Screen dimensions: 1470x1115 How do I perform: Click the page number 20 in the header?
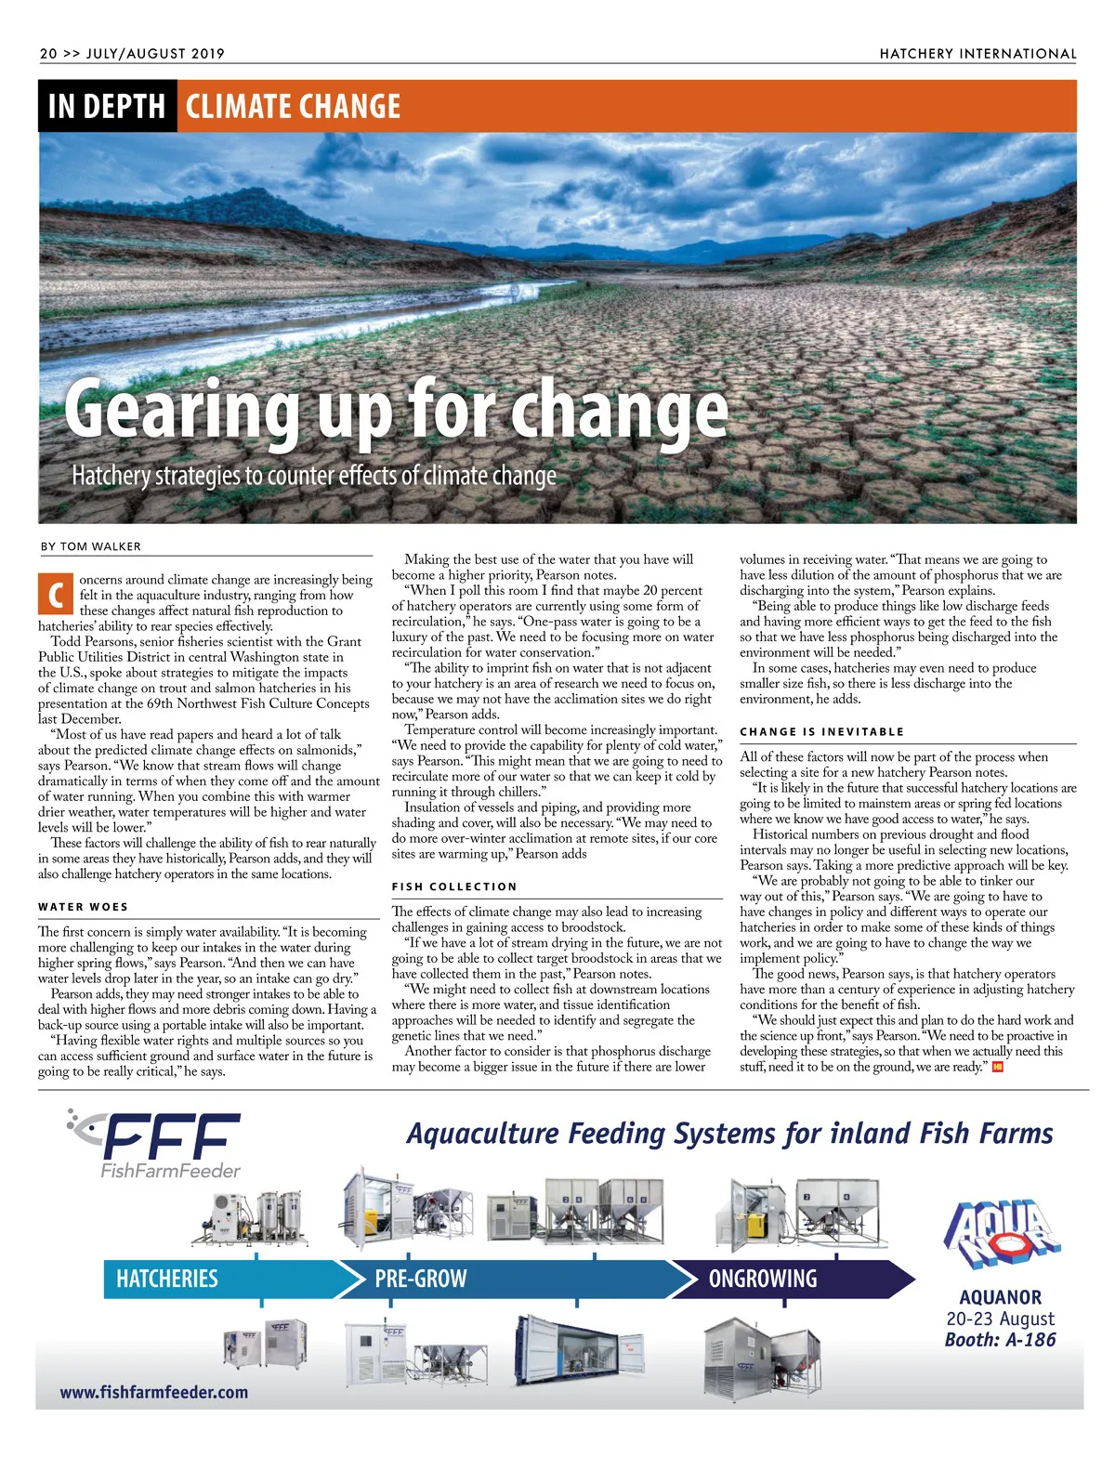click(48, 54)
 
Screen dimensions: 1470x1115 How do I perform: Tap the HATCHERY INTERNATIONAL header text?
click(977, 54)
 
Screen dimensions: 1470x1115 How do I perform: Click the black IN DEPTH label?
click(107, 107)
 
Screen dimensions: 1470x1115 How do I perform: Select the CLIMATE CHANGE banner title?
click(293, 107)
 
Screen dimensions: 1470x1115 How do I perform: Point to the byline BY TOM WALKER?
click(91, 546)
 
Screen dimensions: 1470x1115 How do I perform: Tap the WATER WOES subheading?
click(84, 907)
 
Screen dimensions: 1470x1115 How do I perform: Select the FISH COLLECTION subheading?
click(454, 886)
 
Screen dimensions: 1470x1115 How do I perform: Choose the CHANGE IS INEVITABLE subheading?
click(821, 731)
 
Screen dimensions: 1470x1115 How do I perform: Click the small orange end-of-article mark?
click(998, 1067)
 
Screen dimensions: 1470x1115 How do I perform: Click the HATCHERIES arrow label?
click(167, 1280)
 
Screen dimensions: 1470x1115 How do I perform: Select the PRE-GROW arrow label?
click(420, 1280)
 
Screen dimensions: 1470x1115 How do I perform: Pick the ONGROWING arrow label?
click(762, 1280)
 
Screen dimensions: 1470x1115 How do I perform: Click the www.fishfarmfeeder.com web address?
click(154, 1392)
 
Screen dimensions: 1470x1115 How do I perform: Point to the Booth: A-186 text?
click(1000, 1340)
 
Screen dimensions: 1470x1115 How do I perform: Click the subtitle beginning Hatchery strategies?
click(314, 476)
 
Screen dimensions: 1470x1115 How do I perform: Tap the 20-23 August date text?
click(1000, 1319)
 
